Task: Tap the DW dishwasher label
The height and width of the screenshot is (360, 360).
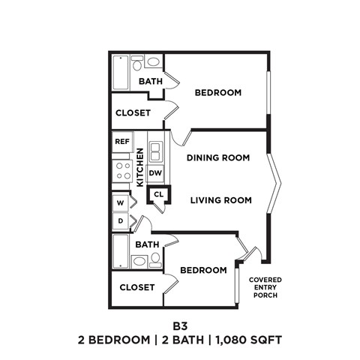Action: [155, 173]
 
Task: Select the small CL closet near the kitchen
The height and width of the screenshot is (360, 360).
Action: [158, 194]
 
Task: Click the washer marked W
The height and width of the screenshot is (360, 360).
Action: [120, 202]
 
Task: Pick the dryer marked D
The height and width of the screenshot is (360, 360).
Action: [120, 221]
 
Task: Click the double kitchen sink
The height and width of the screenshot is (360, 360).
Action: [155, 153]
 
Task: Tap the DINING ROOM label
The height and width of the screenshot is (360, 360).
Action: [218, 158]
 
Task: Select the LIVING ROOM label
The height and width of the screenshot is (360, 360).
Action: [220, 200]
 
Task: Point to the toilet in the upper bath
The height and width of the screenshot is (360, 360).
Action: [152, 63]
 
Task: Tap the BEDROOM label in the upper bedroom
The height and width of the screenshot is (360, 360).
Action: [217, 93]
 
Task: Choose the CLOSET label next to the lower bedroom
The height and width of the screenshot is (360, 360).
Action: [136, 287]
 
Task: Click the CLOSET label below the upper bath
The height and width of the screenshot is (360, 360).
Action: [133, 113]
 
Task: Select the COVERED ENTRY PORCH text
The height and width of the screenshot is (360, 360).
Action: [265, 287]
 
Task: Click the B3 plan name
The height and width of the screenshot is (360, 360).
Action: [179, 325]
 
